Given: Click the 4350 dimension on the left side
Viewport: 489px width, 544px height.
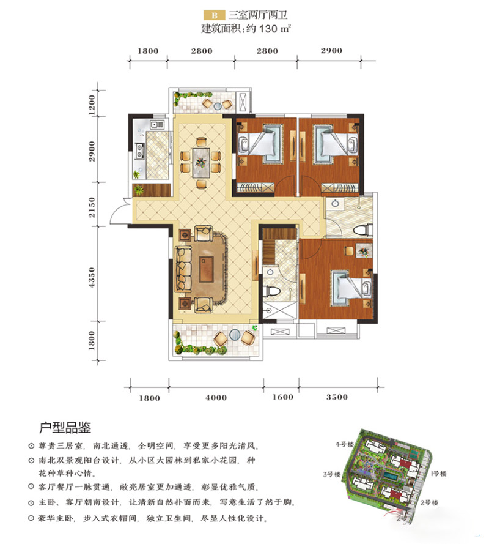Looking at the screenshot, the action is coord(92,277).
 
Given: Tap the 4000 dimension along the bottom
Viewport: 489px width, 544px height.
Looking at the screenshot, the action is coord(216,398).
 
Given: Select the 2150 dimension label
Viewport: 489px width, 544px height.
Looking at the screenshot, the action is coord(92,207).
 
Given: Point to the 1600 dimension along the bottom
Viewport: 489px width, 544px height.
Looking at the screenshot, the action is coord(282,397).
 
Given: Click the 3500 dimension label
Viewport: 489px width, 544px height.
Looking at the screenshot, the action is coord(337,397).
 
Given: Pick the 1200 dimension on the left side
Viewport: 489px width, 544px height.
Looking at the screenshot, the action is coord(92,105).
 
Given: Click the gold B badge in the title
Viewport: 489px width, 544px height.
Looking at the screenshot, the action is coord(215,15).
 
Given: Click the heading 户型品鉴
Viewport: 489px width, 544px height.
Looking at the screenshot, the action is coord(65,428).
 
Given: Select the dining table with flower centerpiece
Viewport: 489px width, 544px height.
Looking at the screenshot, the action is coord(201,162).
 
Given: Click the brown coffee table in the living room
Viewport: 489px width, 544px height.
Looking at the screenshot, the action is coord(207,269).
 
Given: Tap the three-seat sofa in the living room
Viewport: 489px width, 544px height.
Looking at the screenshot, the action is coord(183,268).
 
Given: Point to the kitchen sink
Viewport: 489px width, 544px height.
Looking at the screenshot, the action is coord(153,124).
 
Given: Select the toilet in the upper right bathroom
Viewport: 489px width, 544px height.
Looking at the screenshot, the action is coord(363,230).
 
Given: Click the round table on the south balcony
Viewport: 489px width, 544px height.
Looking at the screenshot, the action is coord(235,335).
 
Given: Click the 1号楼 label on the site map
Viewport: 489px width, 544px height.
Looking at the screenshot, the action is coord(438,474).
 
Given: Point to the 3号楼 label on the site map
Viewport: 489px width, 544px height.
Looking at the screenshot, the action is coord(332,474).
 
